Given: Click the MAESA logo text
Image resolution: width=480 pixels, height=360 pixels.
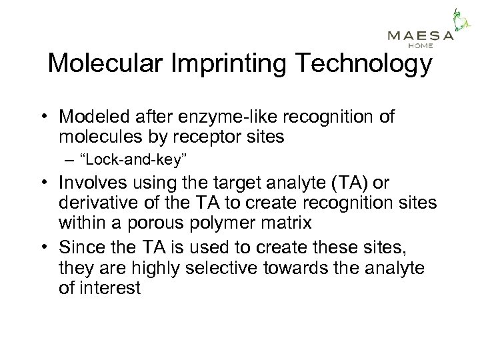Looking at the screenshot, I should click(x=421, y=36).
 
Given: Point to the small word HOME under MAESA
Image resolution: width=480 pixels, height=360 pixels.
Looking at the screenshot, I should click(x=421, y=46).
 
